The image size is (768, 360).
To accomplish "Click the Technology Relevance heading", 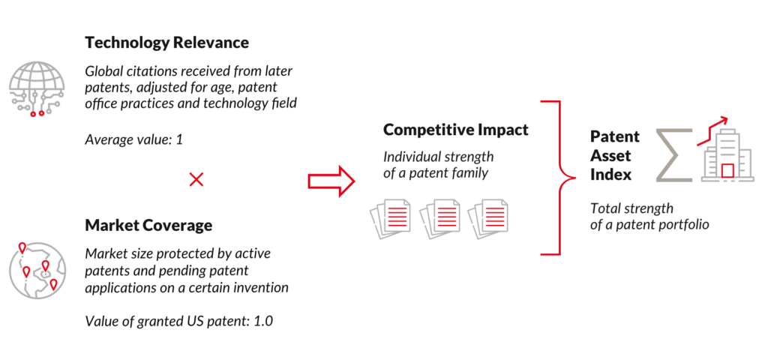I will (166, 43).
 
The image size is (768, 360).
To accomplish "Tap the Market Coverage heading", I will (148, 225).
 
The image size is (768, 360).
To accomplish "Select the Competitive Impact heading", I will (456, 130).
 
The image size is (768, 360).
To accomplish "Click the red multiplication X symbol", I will (196, 179).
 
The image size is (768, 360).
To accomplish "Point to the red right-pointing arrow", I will (331, 181).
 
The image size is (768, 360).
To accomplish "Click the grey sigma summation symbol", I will (672, 154).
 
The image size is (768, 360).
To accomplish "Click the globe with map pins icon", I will (36, 268).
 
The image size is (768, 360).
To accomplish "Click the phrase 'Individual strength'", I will (438, 157).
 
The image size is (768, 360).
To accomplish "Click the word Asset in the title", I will (610, 156).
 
